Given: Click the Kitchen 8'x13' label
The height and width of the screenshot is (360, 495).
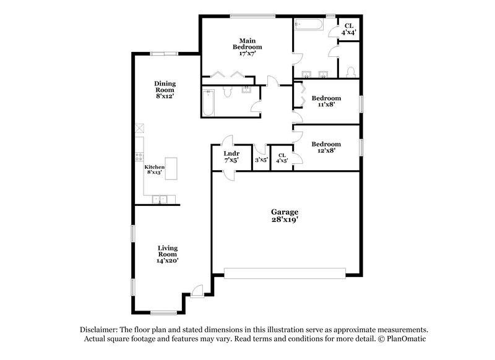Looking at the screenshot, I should click(x=154, y=169).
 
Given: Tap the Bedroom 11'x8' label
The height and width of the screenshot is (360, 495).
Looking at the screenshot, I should click(x=325, y=101).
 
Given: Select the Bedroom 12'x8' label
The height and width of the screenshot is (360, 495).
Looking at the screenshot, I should click(x=325, y=148).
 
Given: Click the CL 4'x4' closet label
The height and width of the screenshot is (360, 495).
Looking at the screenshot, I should click(x=350, y=28).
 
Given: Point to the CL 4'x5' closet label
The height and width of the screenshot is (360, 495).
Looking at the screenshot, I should click(x=282, y=158).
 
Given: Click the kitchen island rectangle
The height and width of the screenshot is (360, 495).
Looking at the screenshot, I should click(x=171, y=168).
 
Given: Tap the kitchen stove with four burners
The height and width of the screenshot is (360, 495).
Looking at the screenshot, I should click(x=139, y=157).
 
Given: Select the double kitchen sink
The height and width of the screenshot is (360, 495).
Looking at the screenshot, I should click(x=158, y=199).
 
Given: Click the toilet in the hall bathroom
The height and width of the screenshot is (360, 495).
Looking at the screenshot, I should click(x=226, y=92).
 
